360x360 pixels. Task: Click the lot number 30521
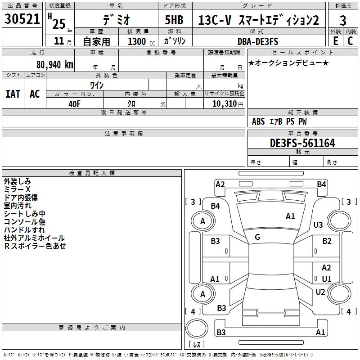click(x=22, y=20)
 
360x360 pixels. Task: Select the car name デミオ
click(x=116, y=20)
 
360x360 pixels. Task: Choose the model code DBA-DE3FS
click(x=258, y=41)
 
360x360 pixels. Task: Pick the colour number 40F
click(x=74, y=103)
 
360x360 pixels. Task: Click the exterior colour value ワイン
click(x=97, y=85)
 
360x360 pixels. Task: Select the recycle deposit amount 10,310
click(x=223, y=103)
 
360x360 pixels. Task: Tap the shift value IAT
click(x=13, y=94)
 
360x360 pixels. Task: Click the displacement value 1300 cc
click(x=141, y=41)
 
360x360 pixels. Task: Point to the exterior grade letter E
click(x=335, y=40)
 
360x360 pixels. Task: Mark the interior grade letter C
click(x=350, y=40)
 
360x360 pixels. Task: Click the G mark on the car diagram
click(x=257, y=237)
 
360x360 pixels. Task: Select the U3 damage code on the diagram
click(x=318, y=225)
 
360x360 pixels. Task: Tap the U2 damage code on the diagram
click(x=320, y=292)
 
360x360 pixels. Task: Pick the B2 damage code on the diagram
click(x=327, y=241)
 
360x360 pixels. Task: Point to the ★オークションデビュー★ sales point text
click(x=288, y=63)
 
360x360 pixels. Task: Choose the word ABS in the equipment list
click(x=258, y=121)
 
